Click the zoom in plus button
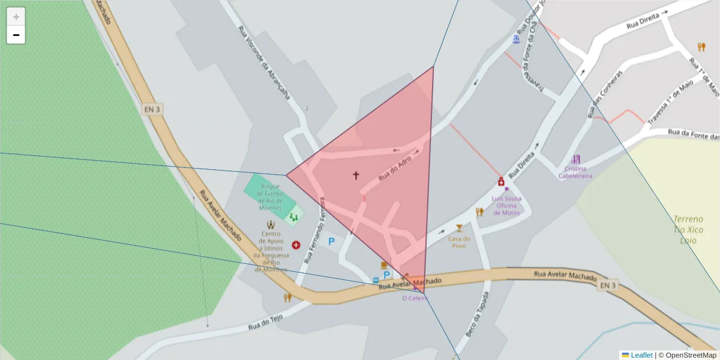[x=16, y=17]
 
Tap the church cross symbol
[x=356, y=175]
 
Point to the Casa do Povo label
[x=459, y=242]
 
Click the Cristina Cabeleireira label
[x=575, y=172]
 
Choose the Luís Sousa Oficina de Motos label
[x=506, y=205]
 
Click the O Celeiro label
[x=415, y=297]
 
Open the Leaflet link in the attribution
[x=641, y=355]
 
